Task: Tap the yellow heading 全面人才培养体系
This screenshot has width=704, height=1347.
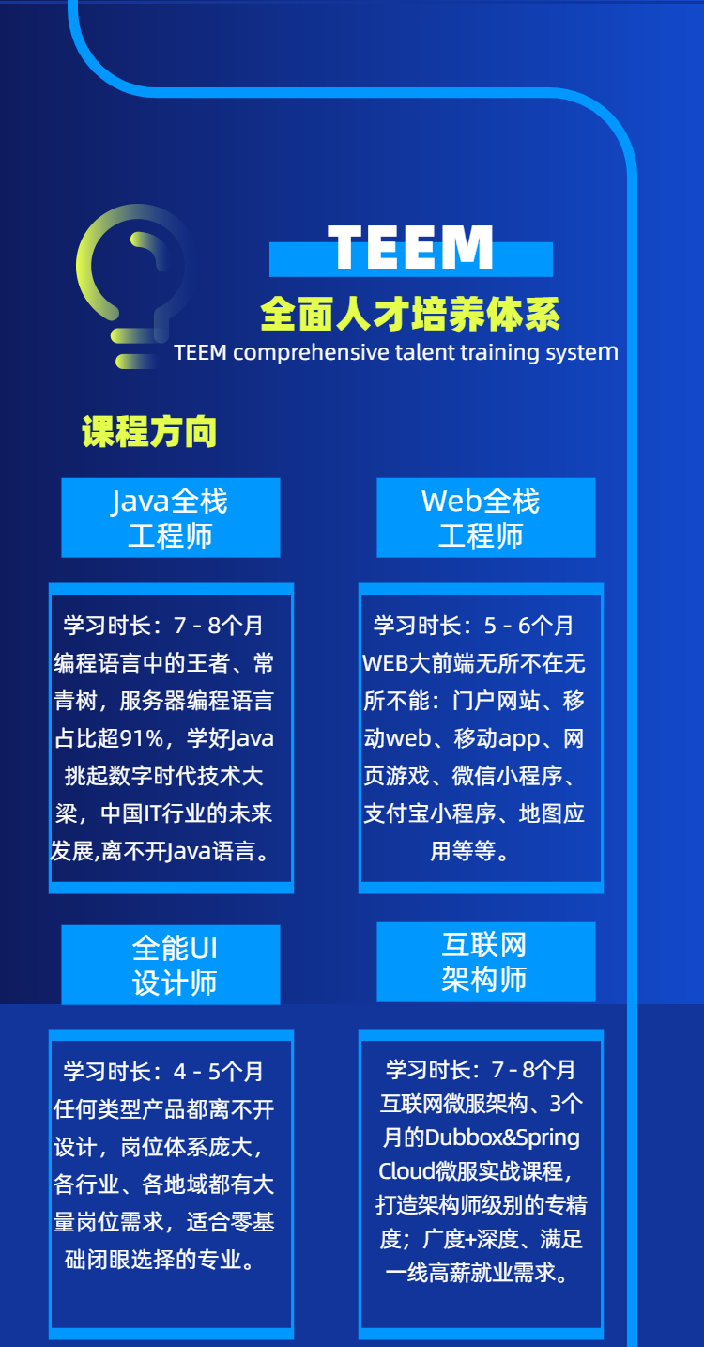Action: coord(410,314)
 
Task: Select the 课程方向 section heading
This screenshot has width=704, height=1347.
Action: coord(149,432)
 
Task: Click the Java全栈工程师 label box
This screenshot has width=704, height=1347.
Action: coord(171,518)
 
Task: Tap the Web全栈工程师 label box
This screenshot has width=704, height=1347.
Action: coord(486,518)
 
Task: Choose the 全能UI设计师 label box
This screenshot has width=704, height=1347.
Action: coord(171,965)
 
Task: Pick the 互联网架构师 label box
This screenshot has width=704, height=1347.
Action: coord(486,962)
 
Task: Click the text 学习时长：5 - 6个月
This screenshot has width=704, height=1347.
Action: coord(473,626)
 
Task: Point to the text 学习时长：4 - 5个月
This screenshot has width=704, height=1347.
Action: coord(163,1072)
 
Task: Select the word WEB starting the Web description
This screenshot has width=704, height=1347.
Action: coord(386,663)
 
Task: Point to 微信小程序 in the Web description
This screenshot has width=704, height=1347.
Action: coord(507,776)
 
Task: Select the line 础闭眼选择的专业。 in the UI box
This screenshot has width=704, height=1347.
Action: coord(161,1260)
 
